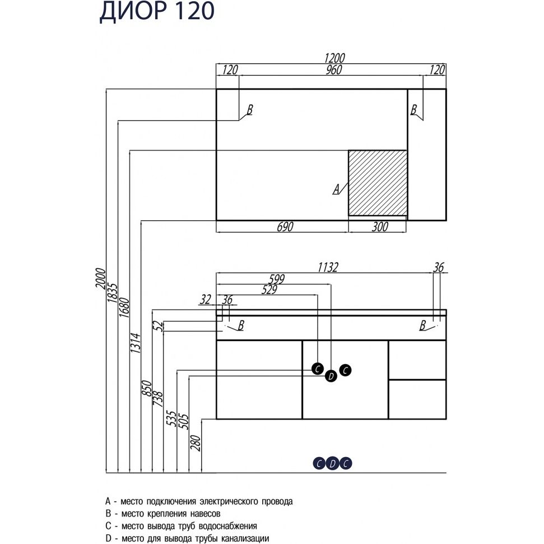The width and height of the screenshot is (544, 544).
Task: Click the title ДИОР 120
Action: [x=156, y=13]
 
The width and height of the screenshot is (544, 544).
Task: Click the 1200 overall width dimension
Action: [x=331, y=58]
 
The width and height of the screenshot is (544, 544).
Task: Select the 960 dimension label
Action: [x=331, y=69]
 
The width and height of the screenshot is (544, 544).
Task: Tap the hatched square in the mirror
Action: [x=377, y=182]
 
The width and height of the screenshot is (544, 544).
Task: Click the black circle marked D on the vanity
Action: [x=331, y=376]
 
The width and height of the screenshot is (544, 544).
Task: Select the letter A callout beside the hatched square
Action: [x=336, y=189]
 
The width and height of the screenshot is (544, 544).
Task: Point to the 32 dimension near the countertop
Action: [x=205, y=300]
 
